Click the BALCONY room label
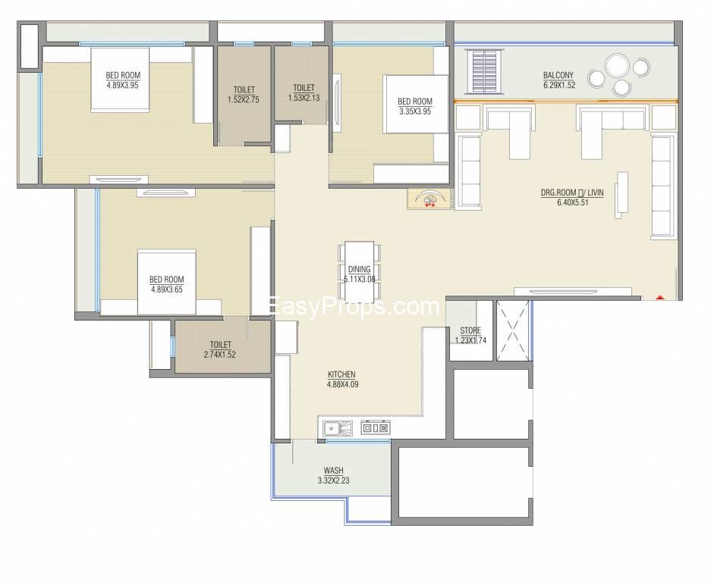(x=558, y=75)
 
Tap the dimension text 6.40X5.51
(x=573, y=202)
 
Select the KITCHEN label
(x=341, y=374)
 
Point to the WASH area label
(x=333, y=471)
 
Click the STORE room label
(x=470, y=330)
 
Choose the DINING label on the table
(x=360, y=270)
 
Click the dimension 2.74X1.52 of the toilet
(x=220, y=355)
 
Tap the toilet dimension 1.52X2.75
(x=244, y=99)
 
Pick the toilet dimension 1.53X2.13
(x=304, y=97)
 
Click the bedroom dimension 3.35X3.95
(x=415, y=111)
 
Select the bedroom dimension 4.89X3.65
(x=167, y=289)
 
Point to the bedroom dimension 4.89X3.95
(x=122, y=85)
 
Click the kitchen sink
(x=338, y=428)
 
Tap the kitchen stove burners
(x=376, y=427)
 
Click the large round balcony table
(x=617, y=66)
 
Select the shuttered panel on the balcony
(x=485, y=71)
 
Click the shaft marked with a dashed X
(x=513, y=330)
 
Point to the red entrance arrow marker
(x=660, y=298)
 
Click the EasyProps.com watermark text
(x=354, y=307)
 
